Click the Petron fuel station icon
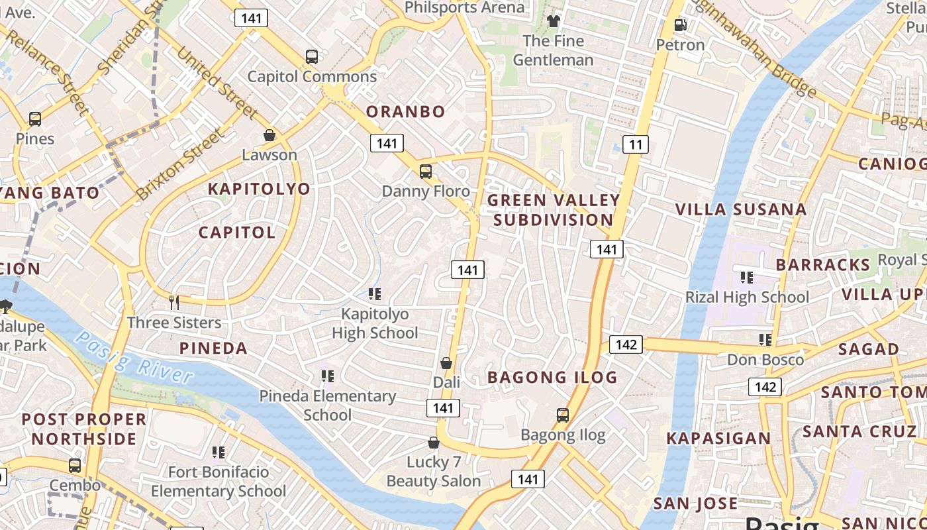[x=680, y=25]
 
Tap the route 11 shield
[x=635, y=144]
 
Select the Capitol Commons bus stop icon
[x=312, y=57]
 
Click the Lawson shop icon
[x=269, y=135]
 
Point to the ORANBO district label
[x=405, y=111]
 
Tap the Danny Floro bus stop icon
[x=426, y=172]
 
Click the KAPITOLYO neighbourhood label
[x=259, y=189]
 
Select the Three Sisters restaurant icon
[x=174, y=302]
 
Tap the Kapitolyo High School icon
[x=375, y=293]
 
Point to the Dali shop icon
[x=446, y=363]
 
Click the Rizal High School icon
[x=747, y=277]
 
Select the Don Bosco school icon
[x=765, y=340]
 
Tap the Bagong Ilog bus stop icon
[x=563, y=415]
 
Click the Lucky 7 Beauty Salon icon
[x=434, y=442]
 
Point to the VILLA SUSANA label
[x=740, y=210]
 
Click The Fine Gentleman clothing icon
[x=554, y=21]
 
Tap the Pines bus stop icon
[x=35, y=119]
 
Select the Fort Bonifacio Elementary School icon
[x=219, y=452]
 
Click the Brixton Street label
[x=180, y=164]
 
